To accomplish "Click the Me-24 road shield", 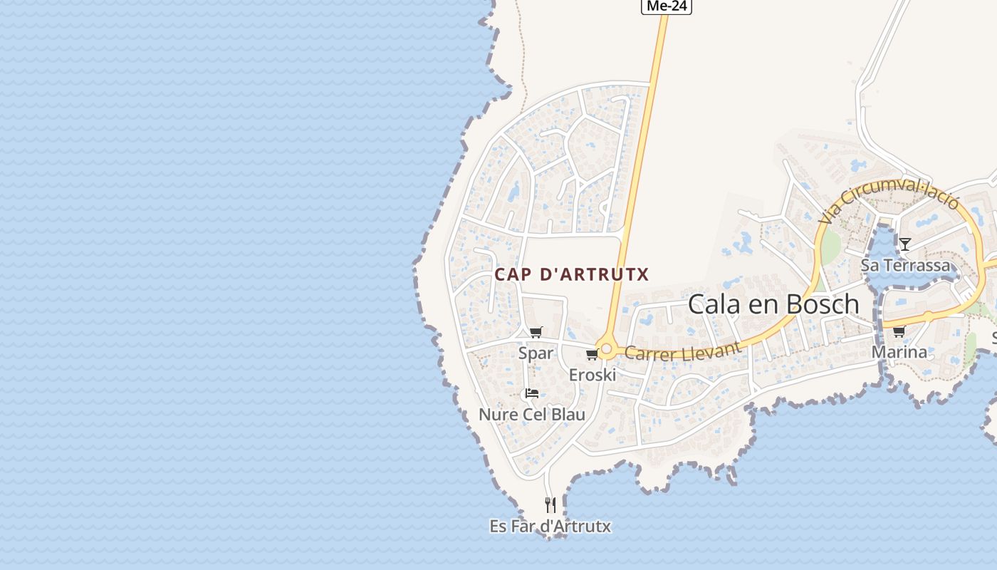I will (667, 6).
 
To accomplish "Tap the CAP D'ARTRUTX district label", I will (572, 274).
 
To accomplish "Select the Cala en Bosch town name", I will (773, 304).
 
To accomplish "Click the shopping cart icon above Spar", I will (536, 332).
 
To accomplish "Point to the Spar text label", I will (536, 353).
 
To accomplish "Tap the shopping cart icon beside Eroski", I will (592, 355).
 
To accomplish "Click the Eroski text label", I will (592, 374).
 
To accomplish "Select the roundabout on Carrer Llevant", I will (606, 350).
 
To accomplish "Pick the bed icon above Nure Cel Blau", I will (532, 393).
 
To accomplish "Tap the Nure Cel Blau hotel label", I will (532, 414).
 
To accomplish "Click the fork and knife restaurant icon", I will (550, 505).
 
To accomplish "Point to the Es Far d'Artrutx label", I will (550, 527).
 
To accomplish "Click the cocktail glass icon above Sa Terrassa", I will (904, 244).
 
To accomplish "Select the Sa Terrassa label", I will (905, 265).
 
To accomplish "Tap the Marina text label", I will (899, 351).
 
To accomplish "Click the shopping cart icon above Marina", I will (899, 331).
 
